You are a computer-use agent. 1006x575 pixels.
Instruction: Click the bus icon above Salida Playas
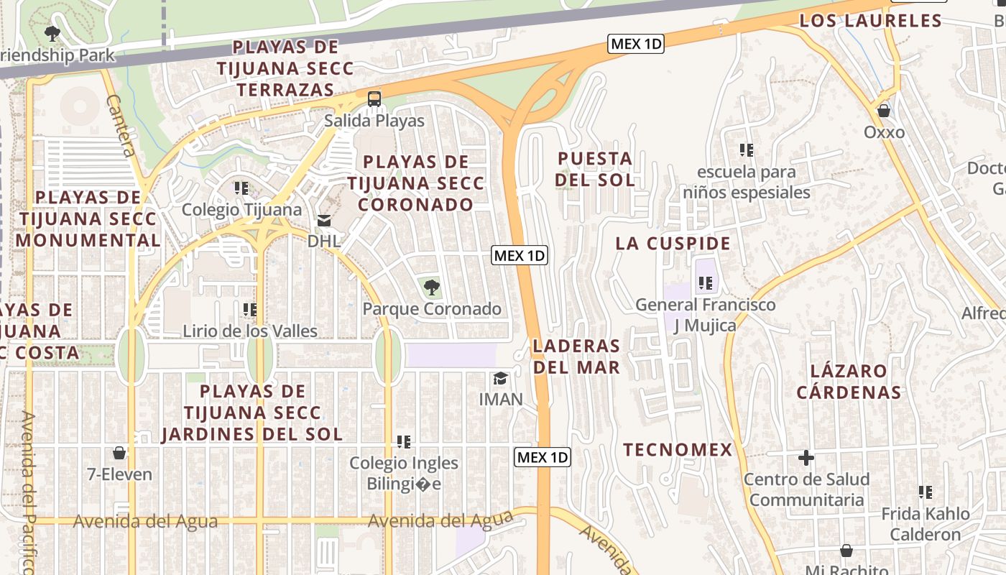pyautogui.click(x=374, y=99)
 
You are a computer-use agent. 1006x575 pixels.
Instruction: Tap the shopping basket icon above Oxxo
pyautogui.click(x=884, y=111)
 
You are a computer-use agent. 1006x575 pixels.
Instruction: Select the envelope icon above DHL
pyautogui.click(x=324, y=220)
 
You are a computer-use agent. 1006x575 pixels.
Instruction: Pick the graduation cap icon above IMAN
pyautogui.click(x=500, y=378)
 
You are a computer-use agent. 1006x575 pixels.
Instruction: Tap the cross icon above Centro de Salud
pyautogui.click(x=806, y=458)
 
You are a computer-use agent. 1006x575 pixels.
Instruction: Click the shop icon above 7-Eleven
pyautogui.click(x=119, y=453)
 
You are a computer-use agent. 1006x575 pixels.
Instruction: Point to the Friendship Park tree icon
pyautogui.click(x=52, y=33)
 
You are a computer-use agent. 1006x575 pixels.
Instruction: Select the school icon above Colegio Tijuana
pyautogui.click(x=241, y=188)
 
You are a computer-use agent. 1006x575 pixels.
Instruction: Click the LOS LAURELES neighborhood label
pyautogui.click(x=870, y=21)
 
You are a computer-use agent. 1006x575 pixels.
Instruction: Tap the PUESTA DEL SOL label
pyautogui.click(x=595, y=169)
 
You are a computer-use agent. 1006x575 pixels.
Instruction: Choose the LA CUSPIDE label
pyautogui.click(x=673, y=244)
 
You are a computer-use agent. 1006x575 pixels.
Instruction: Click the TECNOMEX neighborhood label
pyautogui.click(x=677, y=450)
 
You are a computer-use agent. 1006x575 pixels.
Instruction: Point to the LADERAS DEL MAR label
pyautogui.click(x=576, y=356)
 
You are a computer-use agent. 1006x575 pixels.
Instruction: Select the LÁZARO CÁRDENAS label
pyautogui.click(x=849, y=382)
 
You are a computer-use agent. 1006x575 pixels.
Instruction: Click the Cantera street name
pyautogui.click(x=120, y=126)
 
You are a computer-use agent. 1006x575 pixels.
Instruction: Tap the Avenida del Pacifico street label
pyautogui.click(x=27, y=492)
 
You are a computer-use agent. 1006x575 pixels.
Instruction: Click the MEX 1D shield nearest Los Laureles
pyautogui.click(x=635, y=44)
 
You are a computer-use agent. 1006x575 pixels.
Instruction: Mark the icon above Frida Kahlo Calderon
pyautogui.click(x=926, y=492)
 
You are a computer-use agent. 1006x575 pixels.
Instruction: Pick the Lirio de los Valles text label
pyautogui.click(x=250, y=331)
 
